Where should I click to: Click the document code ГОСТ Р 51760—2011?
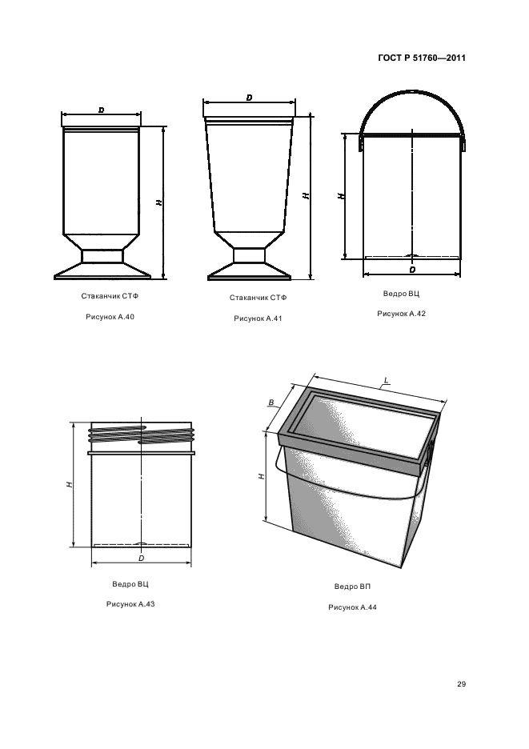tap(422, 58)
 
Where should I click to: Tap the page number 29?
tap(461, 684)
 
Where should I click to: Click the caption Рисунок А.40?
tap(110, 317)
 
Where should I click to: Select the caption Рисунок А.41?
tap(258, 318)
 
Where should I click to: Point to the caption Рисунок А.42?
tap(402, 314)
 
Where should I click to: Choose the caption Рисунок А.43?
tap(130, 604)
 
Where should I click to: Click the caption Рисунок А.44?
tap(353, 607)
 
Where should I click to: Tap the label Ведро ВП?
tap(353, 587)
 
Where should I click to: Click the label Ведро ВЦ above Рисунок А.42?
tap(402, 294)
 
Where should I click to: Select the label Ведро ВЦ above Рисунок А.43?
tap(130, 583)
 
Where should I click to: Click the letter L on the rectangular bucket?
tap(386, 381)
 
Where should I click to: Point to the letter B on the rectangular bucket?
tap(271, 403)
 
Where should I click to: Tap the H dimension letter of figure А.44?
tap(261, 476)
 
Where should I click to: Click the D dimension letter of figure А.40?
tap(101, 110)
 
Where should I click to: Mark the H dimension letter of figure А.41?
tap(306, 196)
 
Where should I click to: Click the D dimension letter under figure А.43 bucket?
tap(142, 558)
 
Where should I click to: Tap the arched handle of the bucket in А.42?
tap(411, 90)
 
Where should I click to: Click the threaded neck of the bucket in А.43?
tap(142, 434)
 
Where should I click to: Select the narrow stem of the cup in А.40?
tap(102, 257)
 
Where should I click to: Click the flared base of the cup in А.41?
tap(249, 272)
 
